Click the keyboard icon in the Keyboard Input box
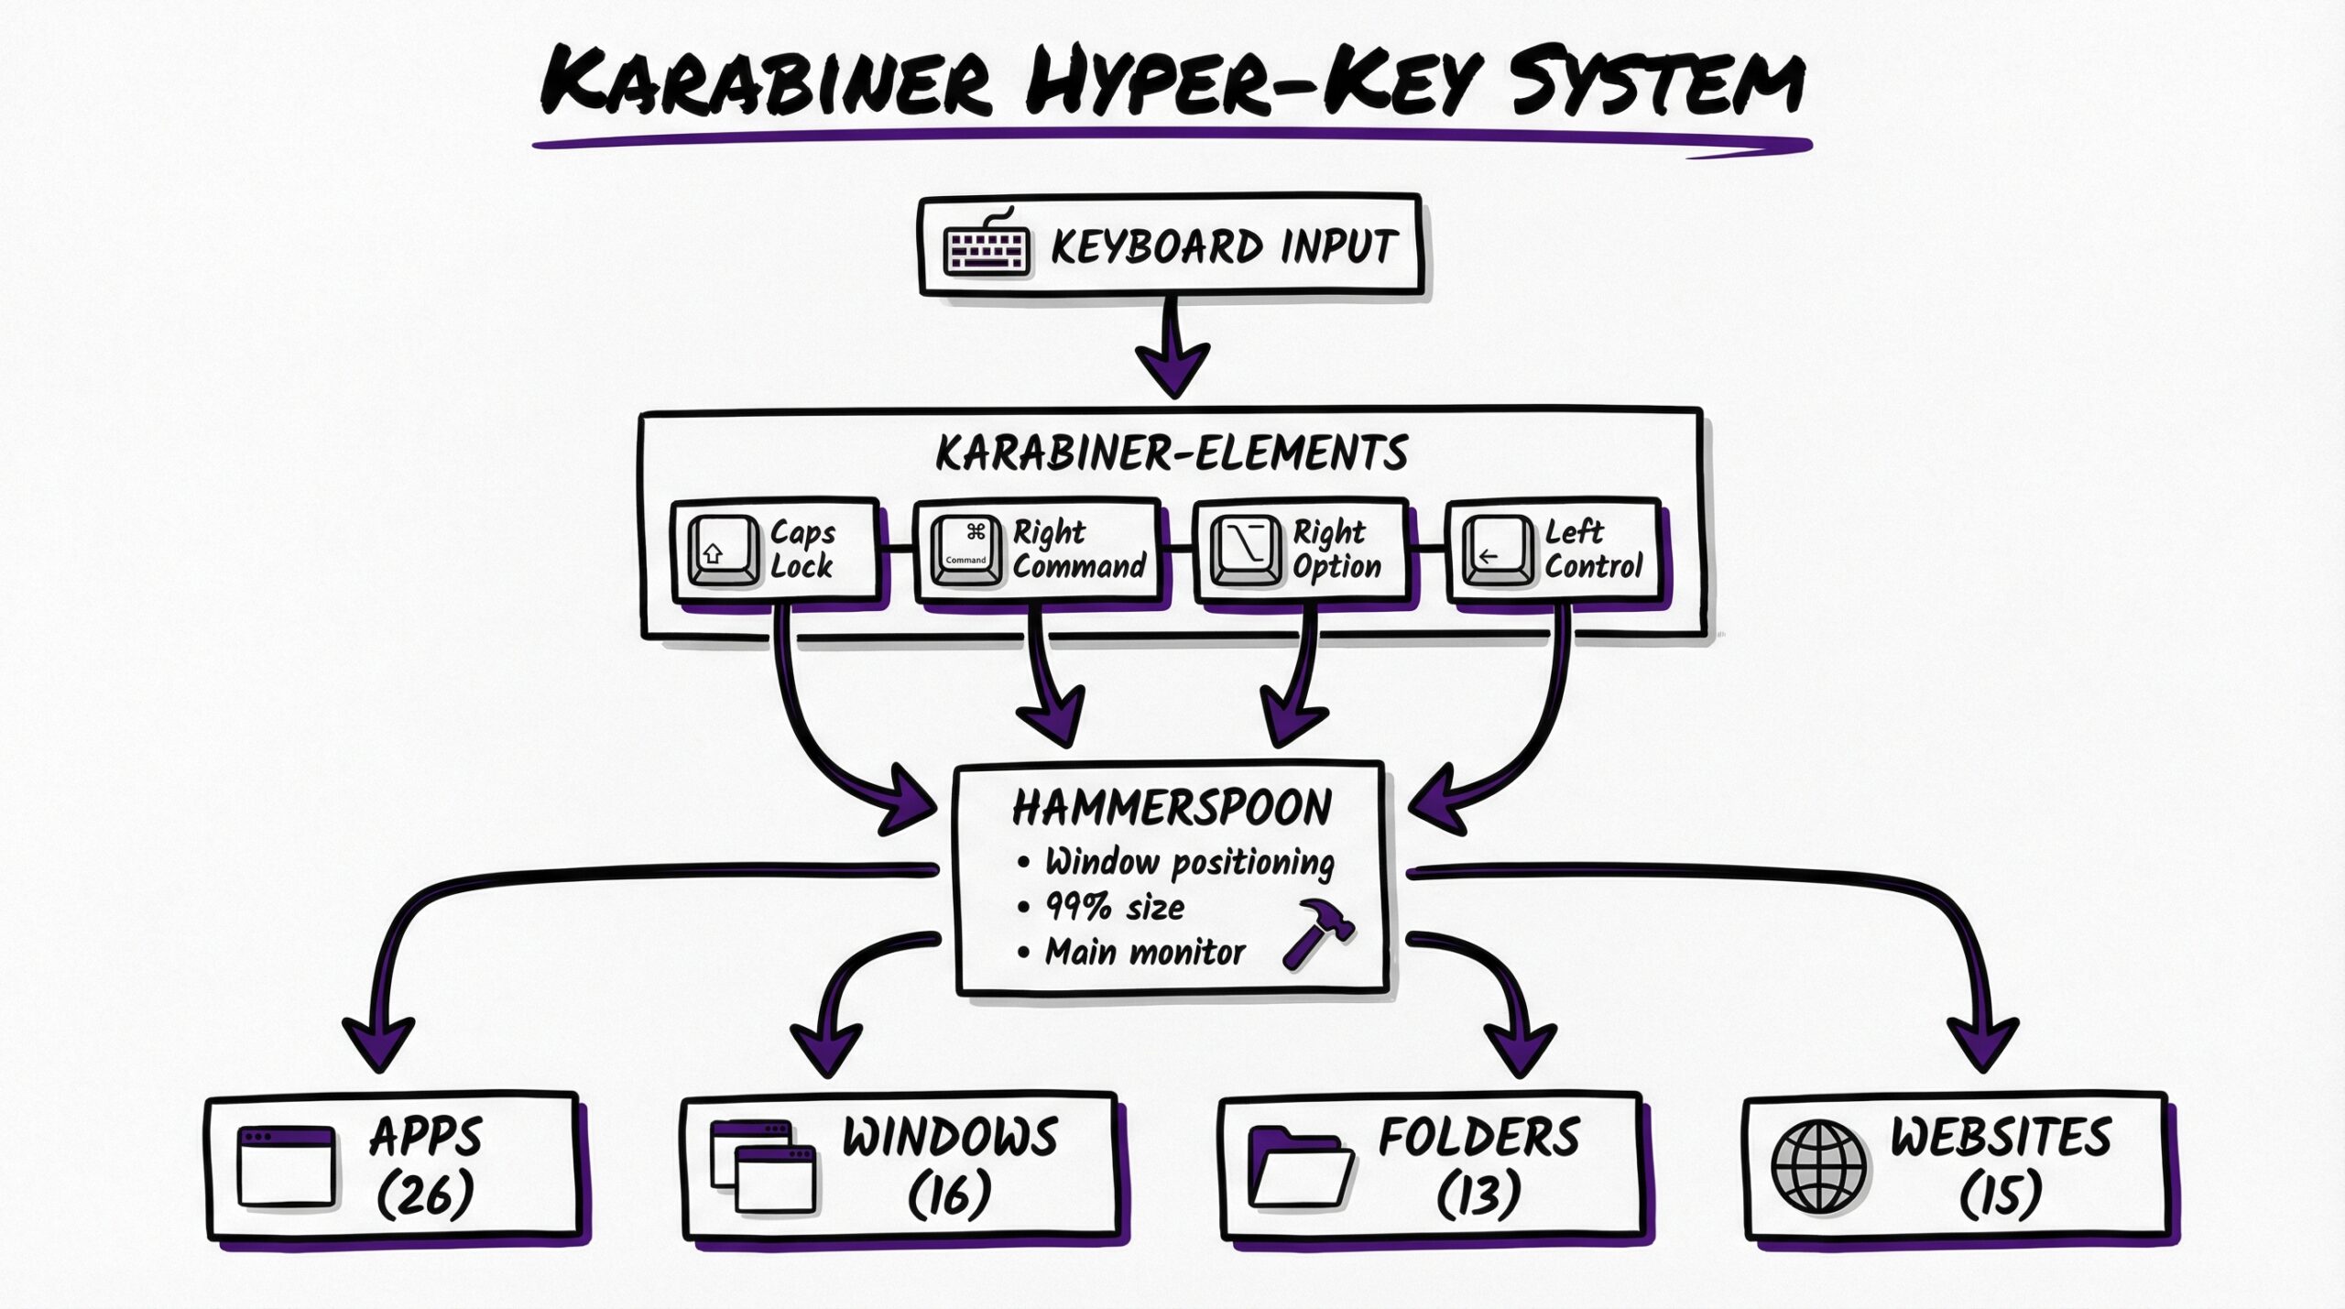click(x=987, y=245)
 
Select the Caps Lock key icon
click(x=723, y=551)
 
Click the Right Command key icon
click(x=965, y=551)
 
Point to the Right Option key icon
click(x=1246, y=551)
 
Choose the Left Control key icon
click(x=1497, y=551)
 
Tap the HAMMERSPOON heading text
click(x=1172, y=808)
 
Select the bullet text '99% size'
click(x=1115, y=907)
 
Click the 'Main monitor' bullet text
click(x=1145, y=952)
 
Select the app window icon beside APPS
click(x=286, y=1166)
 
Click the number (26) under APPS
click(x=426, y=1194)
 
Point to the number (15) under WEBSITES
click(x=2001, y=1194)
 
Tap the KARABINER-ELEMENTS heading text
click(x=1172, y=453)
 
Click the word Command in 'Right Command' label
click(x=1079, y=566)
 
